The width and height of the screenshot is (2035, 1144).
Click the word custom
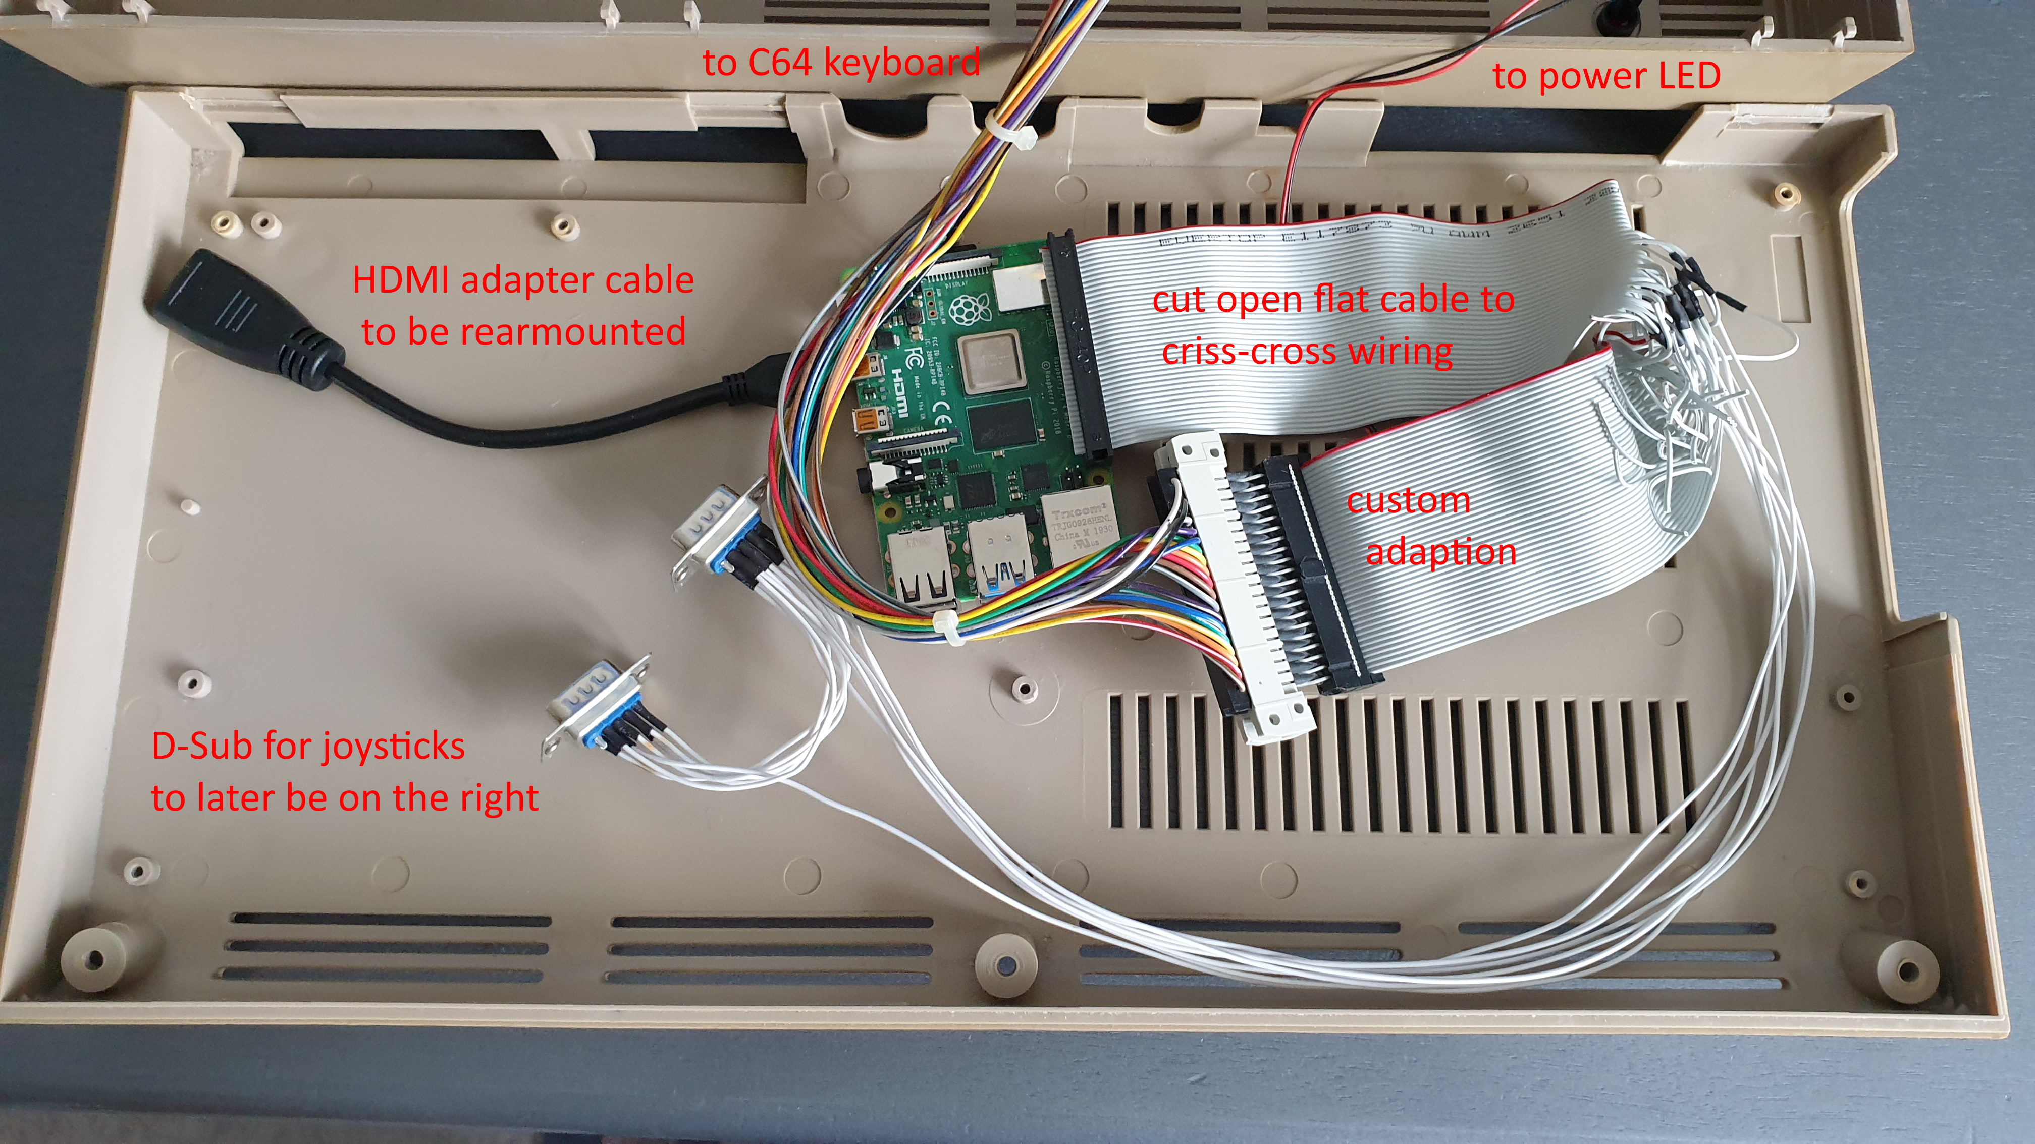pyautogui.click(x=1408, y=500)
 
